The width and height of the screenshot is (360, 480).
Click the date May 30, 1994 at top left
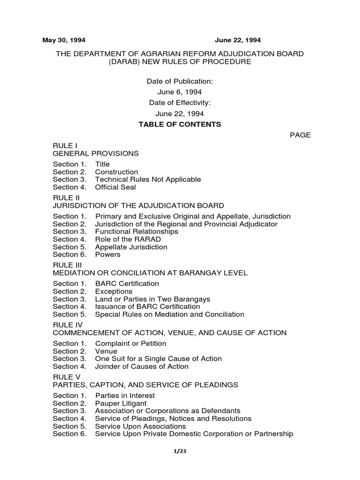pyautogui.click(x=64, y=40)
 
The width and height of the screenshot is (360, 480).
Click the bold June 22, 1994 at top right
pyautogui.click(x=238, y=40)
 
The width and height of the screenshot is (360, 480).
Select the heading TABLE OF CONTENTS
pyautogui.click(x=180, y=124)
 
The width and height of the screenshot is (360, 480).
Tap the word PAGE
pyautogui.click(x=300, y=135)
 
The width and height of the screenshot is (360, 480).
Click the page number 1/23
pyautogui.click(x=180, y=451)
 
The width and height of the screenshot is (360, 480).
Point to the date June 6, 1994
pyautogui.click(x=180, y=92)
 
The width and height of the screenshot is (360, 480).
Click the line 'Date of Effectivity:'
pyautogui.click(x=180, y=103)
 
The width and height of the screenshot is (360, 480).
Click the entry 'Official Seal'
pyautogui.click(x=115, y=187)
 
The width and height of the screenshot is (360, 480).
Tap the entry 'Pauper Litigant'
pyautogui.click(x=120, y=403)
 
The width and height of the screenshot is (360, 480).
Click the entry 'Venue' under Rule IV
pyautogui.click(x=106, y=351)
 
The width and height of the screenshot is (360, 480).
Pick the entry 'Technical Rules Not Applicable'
pyautogui.click(x=148, y=179)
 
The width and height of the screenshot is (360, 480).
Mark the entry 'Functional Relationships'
pyautogui.click(x=136, y=232)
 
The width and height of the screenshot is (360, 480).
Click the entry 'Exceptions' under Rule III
pyautogui.click(x=113, y=291)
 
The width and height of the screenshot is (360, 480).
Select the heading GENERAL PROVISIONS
pyautogui.click(x=96, y=153)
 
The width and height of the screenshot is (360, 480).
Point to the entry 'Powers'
pyautogui.click(x=107, y=255)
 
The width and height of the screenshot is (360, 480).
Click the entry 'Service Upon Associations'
pyautogui.click(x=140, y=426)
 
